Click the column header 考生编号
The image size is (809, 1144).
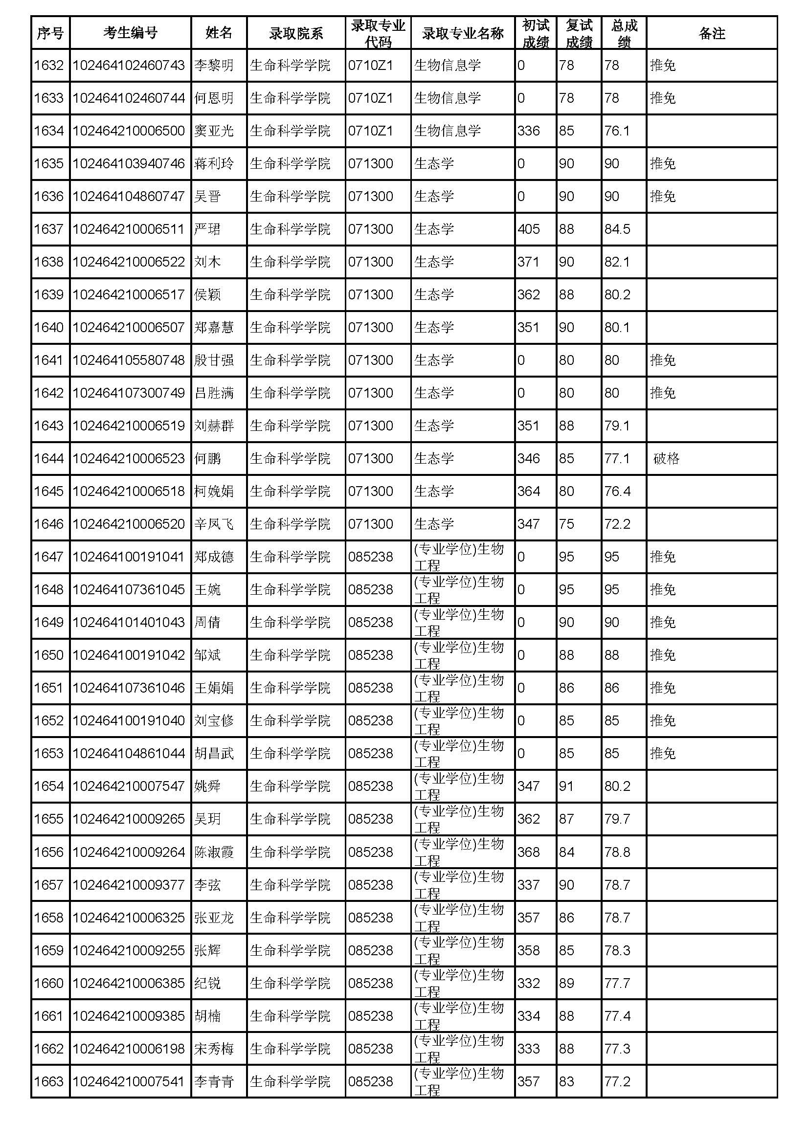(130, 33)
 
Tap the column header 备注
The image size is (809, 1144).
(711, 33)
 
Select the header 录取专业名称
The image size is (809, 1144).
(462, 33)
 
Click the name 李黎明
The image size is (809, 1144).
(214, 65)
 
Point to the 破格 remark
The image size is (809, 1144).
(666, 458)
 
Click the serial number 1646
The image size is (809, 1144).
(49, 524)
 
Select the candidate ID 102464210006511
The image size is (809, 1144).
(129, 229)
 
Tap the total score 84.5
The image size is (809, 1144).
(617, 229)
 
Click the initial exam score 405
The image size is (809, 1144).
(529, 229)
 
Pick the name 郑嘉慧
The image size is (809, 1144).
(214, 327)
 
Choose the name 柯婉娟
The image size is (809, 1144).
(214, 491)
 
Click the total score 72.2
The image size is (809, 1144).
(617, 524)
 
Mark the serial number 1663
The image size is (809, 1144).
(49, 1082)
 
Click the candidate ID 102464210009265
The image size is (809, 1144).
(129, 819)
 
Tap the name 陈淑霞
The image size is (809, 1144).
(214, 852)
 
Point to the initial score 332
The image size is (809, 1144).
(529, 983)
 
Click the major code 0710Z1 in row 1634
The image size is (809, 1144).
(371, 131)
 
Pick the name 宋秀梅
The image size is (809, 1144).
(214, 1049)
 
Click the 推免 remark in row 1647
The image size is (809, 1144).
(663, 557)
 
